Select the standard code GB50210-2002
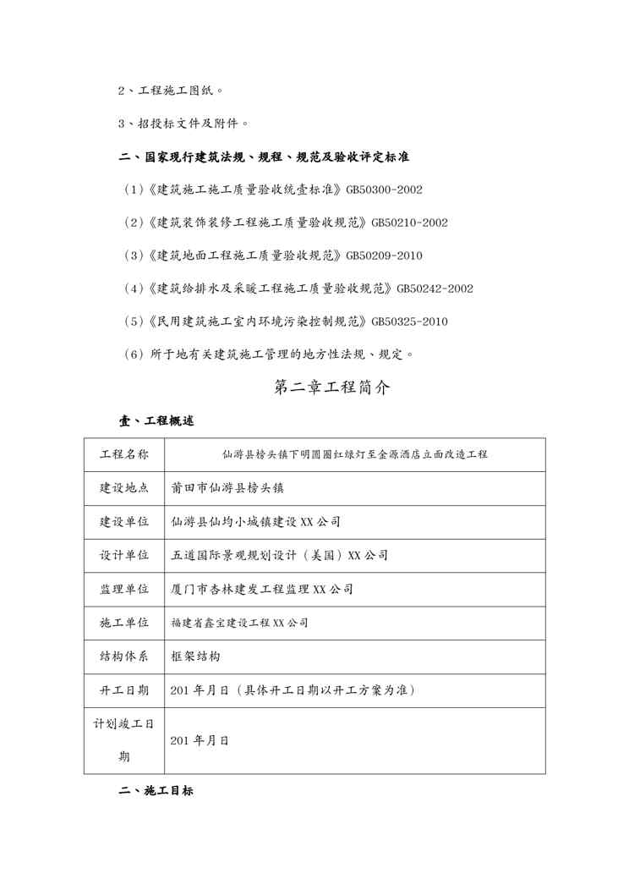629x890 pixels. pyautogui.click(x=409, y=222)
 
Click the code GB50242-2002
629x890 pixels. pyautogui.click(x=435, y=288)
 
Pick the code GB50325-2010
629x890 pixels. pyautogui.click(x=409, y=321)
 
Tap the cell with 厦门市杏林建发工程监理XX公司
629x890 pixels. pyautogui.click(x=262, y=589)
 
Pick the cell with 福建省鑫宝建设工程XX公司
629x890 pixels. pyautogui.click(x=240, y=623)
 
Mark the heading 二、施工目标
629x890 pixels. pyautogui.click(x=156, y=791)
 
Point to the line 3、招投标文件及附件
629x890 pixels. pyautogui.click(x=183, y=124)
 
